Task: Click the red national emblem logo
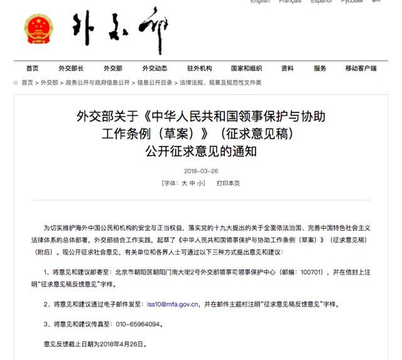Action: pos(39,28)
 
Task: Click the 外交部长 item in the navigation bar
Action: pos(71,68)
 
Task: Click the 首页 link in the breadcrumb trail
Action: pos(27,83)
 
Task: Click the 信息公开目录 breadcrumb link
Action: pos(155,83)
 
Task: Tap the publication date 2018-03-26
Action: pos(201,172)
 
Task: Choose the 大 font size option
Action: pos(185,183)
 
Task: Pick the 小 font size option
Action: pos(200,183)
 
